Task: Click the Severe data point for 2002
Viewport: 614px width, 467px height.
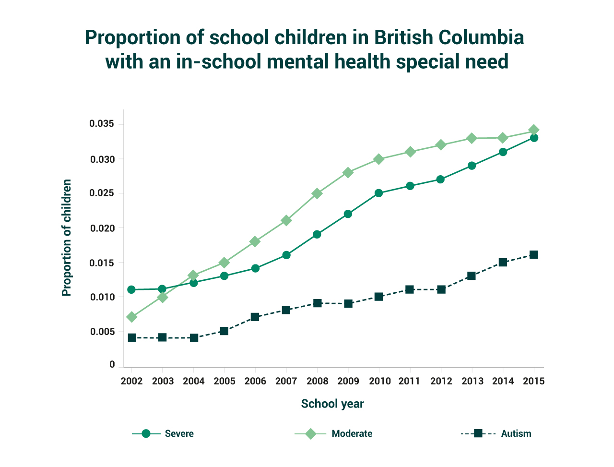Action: tap(131, 289)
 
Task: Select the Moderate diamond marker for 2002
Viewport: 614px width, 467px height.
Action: tap(131, 317)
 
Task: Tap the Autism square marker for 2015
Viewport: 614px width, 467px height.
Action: tap(533, 254)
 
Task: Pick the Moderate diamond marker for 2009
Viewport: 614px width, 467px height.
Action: tap(348, 172)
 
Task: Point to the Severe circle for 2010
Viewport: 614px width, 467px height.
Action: tap(378, 193)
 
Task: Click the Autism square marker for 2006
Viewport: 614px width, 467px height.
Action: tap(255, 317)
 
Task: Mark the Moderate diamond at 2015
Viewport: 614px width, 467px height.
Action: tap(533, 130)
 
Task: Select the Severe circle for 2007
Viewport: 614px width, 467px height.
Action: tap(286, 255)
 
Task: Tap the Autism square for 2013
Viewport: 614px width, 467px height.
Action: tap(472, 275)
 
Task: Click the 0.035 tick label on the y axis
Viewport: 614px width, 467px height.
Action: tap(102, 124)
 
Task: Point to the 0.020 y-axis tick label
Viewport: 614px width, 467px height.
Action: tap(102, 228)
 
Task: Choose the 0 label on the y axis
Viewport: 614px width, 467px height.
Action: tap(112, 365)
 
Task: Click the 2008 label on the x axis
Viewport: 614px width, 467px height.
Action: tap(317, 381)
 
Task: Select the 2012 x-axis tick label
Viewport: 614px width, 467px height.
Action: tap(441, 381)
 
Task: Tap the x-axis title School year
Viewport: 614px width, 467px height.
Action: tap(332, 404)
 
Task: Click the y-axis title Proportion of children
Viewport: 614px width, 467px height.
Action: tap(67, 238)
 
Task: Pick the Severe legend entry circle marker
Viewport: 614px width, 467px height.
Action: tap(146, 434)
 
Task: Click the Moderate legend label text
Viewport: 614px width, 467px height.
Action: tap(352, 434)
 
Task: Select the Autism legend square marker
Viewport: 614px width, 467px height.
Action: tap(478, 434)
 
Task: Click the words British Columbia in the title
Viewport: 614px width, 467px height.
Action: tap(449, 37)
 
